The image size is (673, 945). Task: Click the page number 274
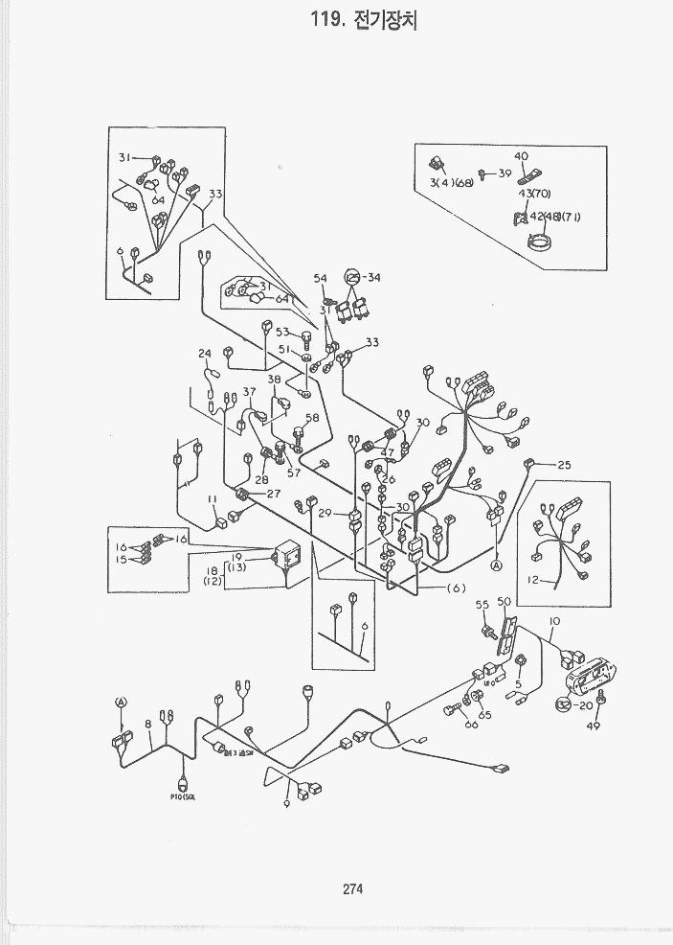351,888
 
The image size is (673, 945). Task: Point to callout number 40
521,156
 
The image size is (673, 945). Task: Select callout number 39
505,173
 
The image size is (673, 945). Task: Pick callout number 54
320,278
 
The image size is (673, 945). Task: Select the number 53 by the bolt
282,332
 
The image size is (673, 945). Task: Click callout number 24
204,354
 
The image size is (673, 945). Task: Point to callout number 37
249,391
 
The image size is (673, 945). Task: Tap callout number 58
312,418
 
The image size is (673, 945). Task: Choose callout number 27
274,494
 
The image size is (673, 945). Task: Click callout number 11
213,499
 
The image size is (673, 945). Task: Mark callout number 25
563,465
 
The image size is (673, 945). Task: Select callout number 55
482,605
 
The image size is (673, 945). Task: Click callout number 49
593,726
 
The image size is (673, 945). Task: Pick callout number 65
485,715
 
